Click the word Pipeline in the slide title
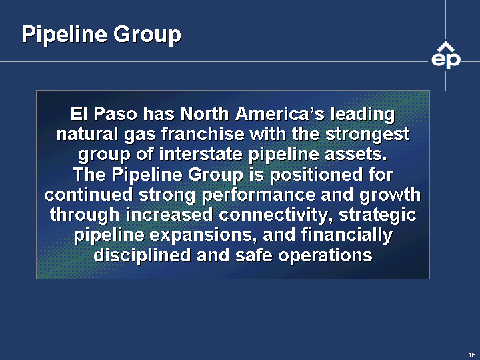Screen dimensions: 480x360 (x=64, y=35)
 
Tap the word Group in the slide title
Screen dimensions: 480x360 (x=147, y=35)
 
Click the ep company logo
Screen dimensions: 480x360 (x=446, y=55)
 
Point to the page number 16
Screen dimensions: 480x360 (x=472, y=355)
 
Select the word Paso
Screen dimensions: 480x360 (x=115, y=114)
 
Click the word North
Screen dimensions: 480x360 (x=205, y=114)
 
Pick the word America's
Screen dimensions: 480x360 (x=280, y=114)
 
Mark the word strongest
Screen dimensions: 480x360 (x=367, y=135)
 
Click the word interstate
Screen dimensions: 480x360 (x=201, y=154)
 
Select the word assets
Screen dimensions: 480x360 (x=356, y=155)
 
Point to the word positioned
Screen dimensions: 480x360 (x=315, y=175)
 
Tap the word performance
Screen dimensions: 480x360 (x=259, y=195)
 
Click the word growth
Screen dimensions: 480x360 (x=390, y=195)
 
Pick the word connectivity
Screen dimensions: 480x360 (x=276, y=215)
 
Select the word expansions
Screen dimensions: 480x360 (x=203, y=236)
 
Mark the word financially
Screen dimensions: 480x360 (x=347, y=235)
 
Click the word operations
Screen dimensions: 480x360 (x=325, y=256)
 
